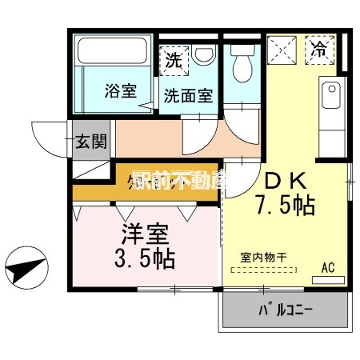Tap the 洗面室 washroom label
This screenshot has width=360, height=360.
[188, 96]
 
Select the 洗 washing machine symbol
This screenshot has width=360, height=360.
[173, 58]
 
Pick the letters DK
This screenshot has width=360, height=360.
[283, 180]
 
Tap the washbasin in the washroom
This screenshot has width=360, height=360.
[204, 58]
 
